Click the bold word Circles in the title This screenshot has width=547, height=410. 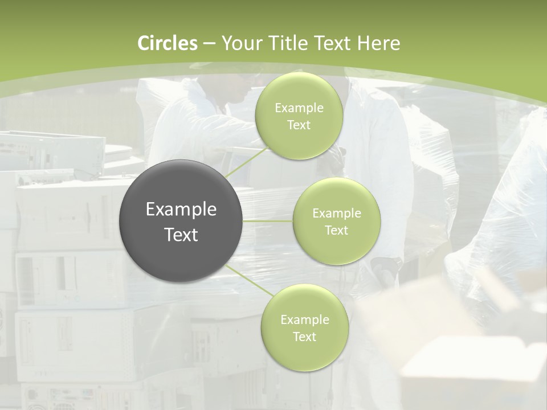[168, 43]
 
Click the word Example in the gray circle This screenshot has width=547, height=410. [181, 210]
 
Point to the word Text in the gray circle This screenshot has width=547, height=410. [181, 235]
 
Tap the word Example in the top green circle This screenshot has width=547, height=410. [299, 108]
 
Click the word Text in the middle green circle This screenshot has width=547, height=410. [336, 231]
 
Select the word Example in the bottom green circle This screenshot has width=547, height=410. [304, 320]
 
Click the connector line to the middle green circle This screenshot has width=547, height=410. [268, 220]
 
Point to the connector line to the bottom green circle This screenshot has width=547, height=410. [248, 280]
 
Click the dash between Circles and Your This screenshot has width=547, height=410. [209, 43]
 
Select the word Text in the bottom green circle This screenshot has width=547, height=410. [304, 337]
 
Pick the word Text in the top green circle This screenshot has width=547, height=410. [299, 125]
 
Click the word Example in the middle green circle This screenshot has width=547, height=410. [336, 214]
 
